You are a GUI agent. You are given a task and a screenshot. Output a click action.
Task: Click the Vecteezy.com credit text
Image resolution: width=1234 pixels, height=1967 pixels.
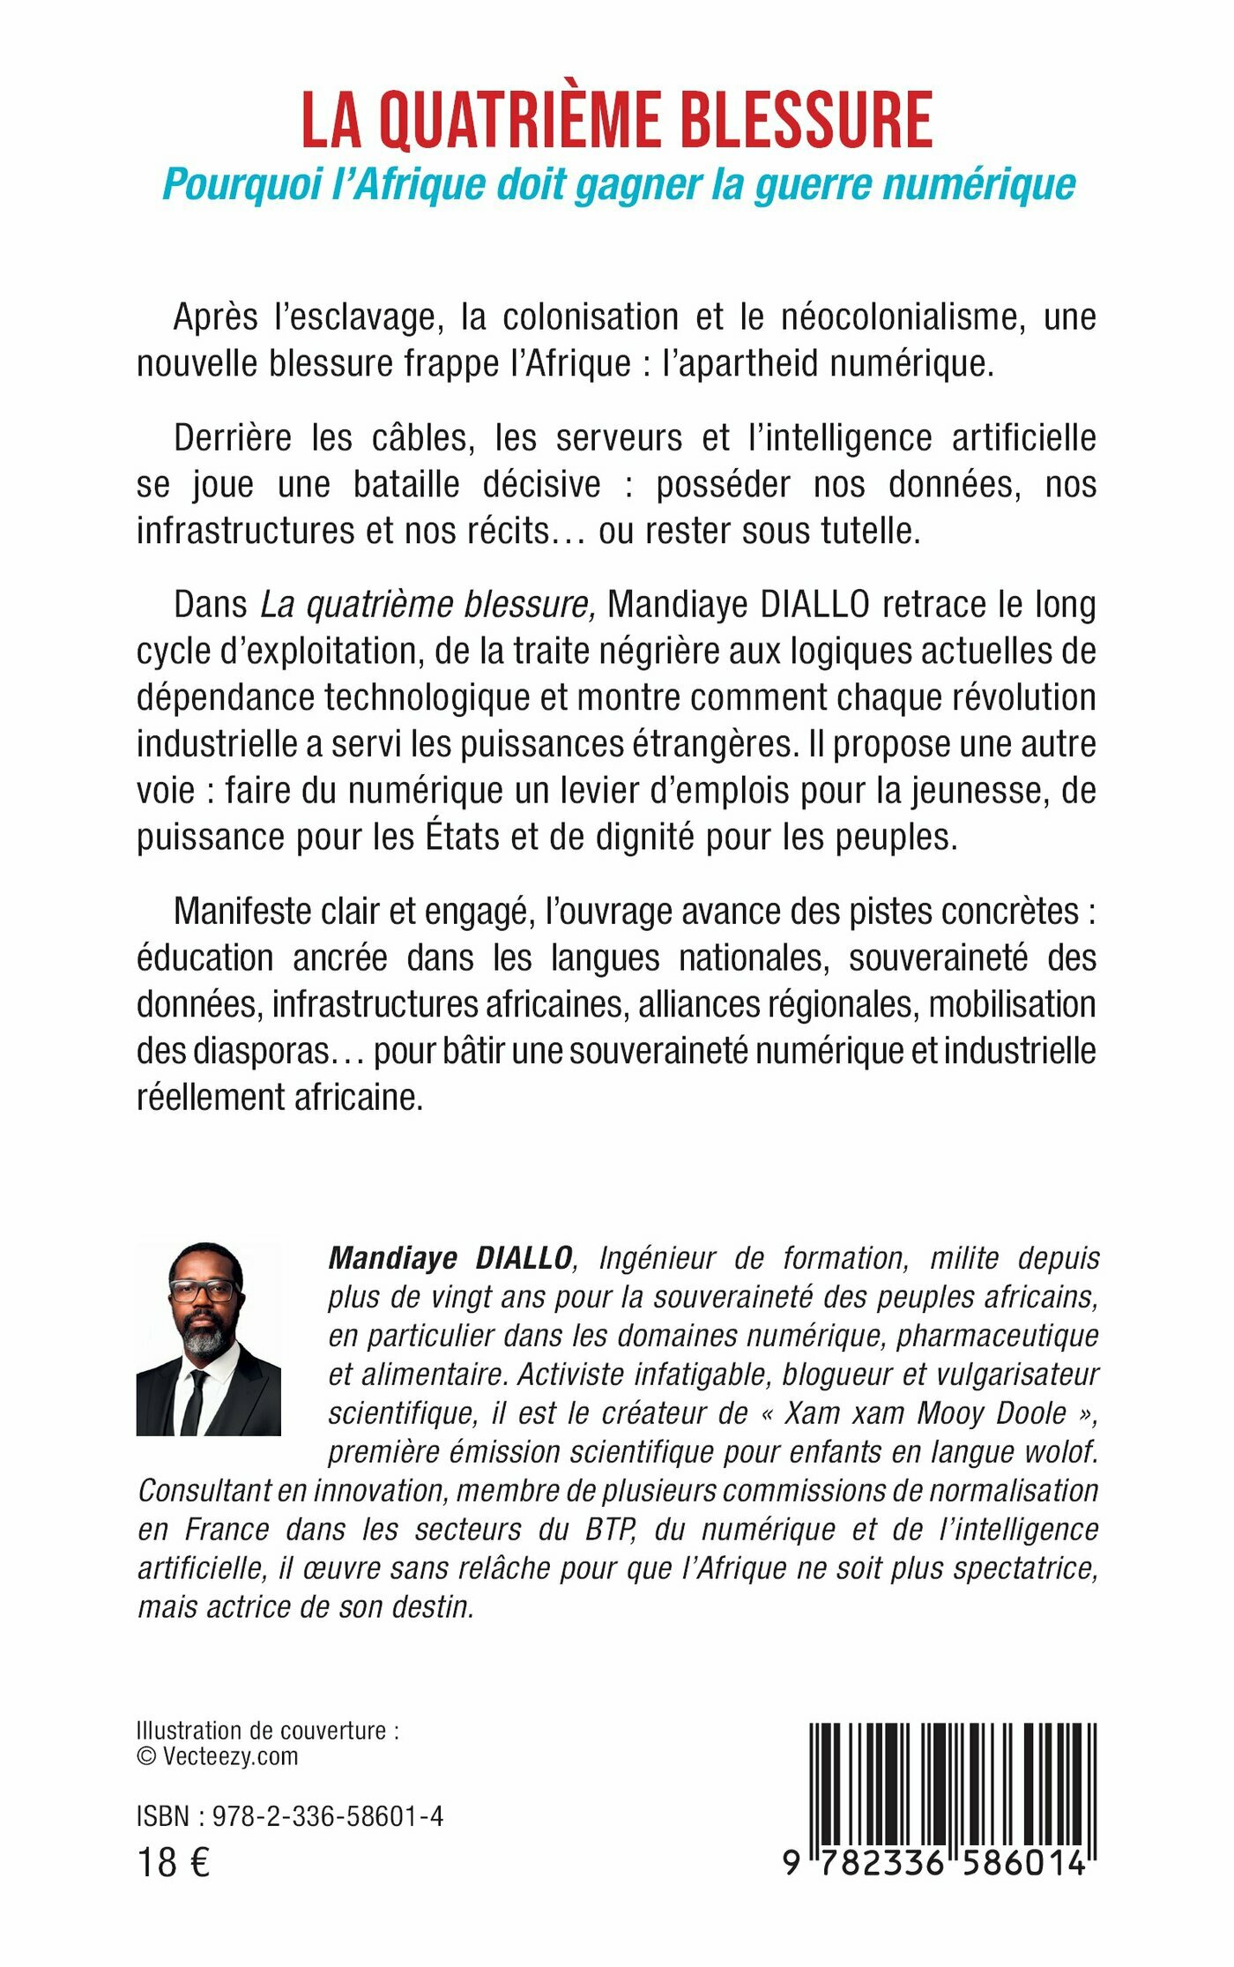tap(230, 1755)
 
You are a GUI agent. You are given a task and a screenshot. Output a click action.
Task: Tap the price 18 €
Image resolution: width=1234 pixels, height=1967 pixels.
tap(174, 1863)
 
